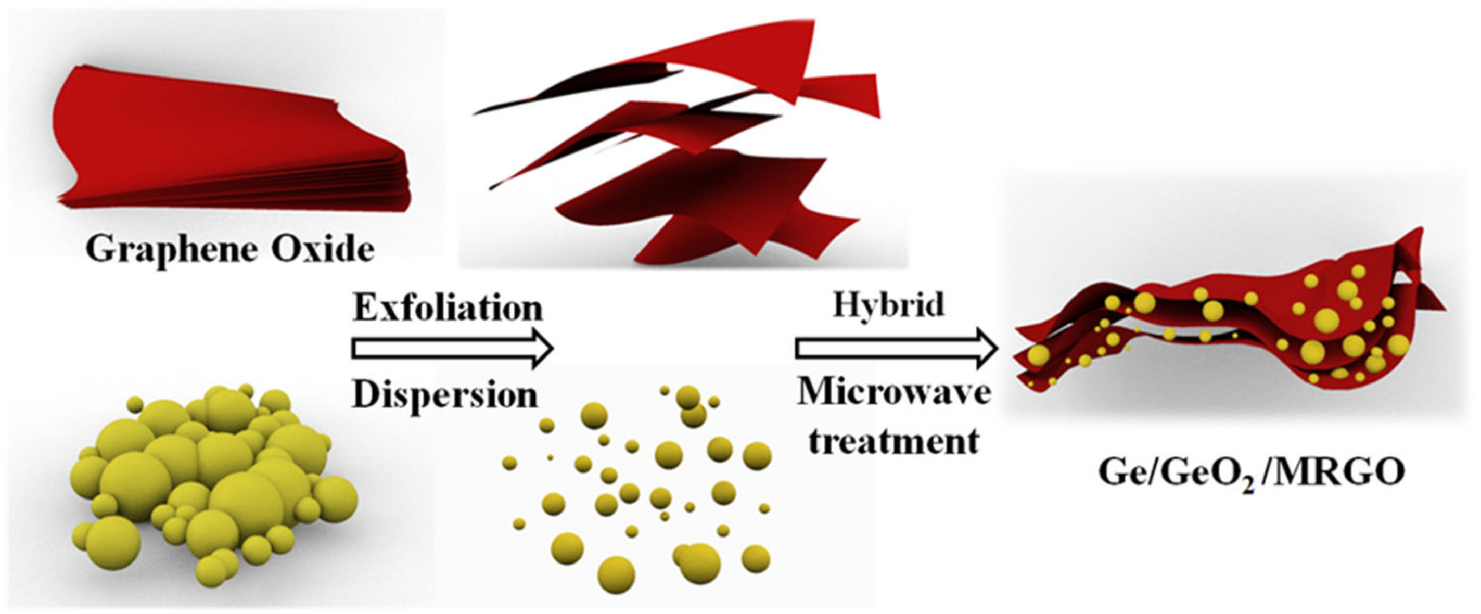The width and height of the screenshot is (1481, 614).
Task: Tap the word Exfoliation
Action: tap(448, 309)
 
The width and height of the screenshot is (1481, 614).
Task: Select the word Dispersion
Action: tap(445, 395)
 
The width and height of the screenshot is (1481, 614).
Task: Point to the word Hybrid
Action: tap(889, 305)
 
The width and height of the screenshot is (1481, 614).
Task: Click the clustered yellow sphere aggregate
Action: tap(213, 483)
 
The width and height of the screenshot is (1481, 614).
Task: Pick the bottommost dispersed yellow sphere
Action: tap(616, 574)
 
